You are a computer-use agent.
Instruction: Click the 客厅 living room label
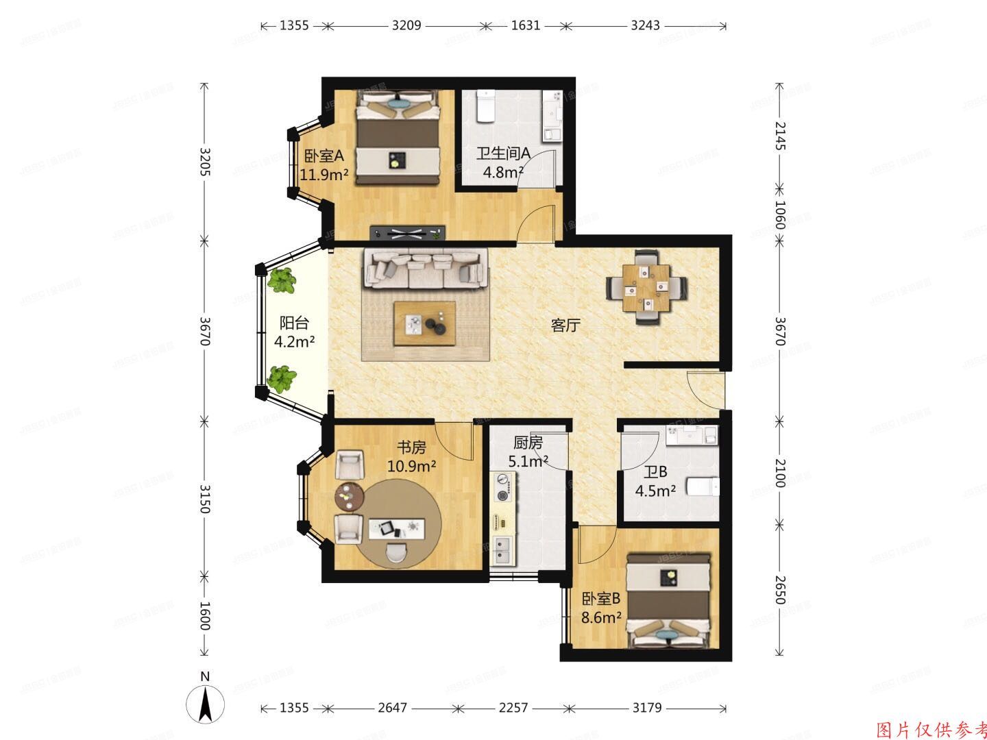coord(565,325)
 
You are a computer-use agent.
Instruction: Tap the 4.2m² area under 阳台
coord(294,341)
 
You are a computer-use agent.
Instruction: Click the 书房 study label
coord(411,447)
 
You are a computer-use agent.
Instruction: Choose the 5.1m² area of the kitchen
coord(527,461)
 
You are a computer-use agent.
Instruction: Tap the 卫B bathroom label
coord(655,472)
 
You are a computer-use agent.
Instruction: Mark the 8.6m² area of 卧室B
coord(601,616)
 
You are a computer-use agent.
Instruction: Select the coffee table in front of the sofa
coord(425,323)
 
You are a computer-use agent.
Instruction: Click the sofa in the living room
coord(425,268)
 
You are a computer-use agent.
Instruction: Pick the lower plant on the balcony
coord(282,378)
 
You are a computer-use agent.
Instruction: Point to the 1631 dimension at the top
coord(526,25)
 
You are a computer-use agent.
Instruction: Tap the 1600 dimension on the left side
coord(204,615)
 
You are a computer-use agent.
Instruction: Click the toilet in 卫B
coord(703,486)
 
